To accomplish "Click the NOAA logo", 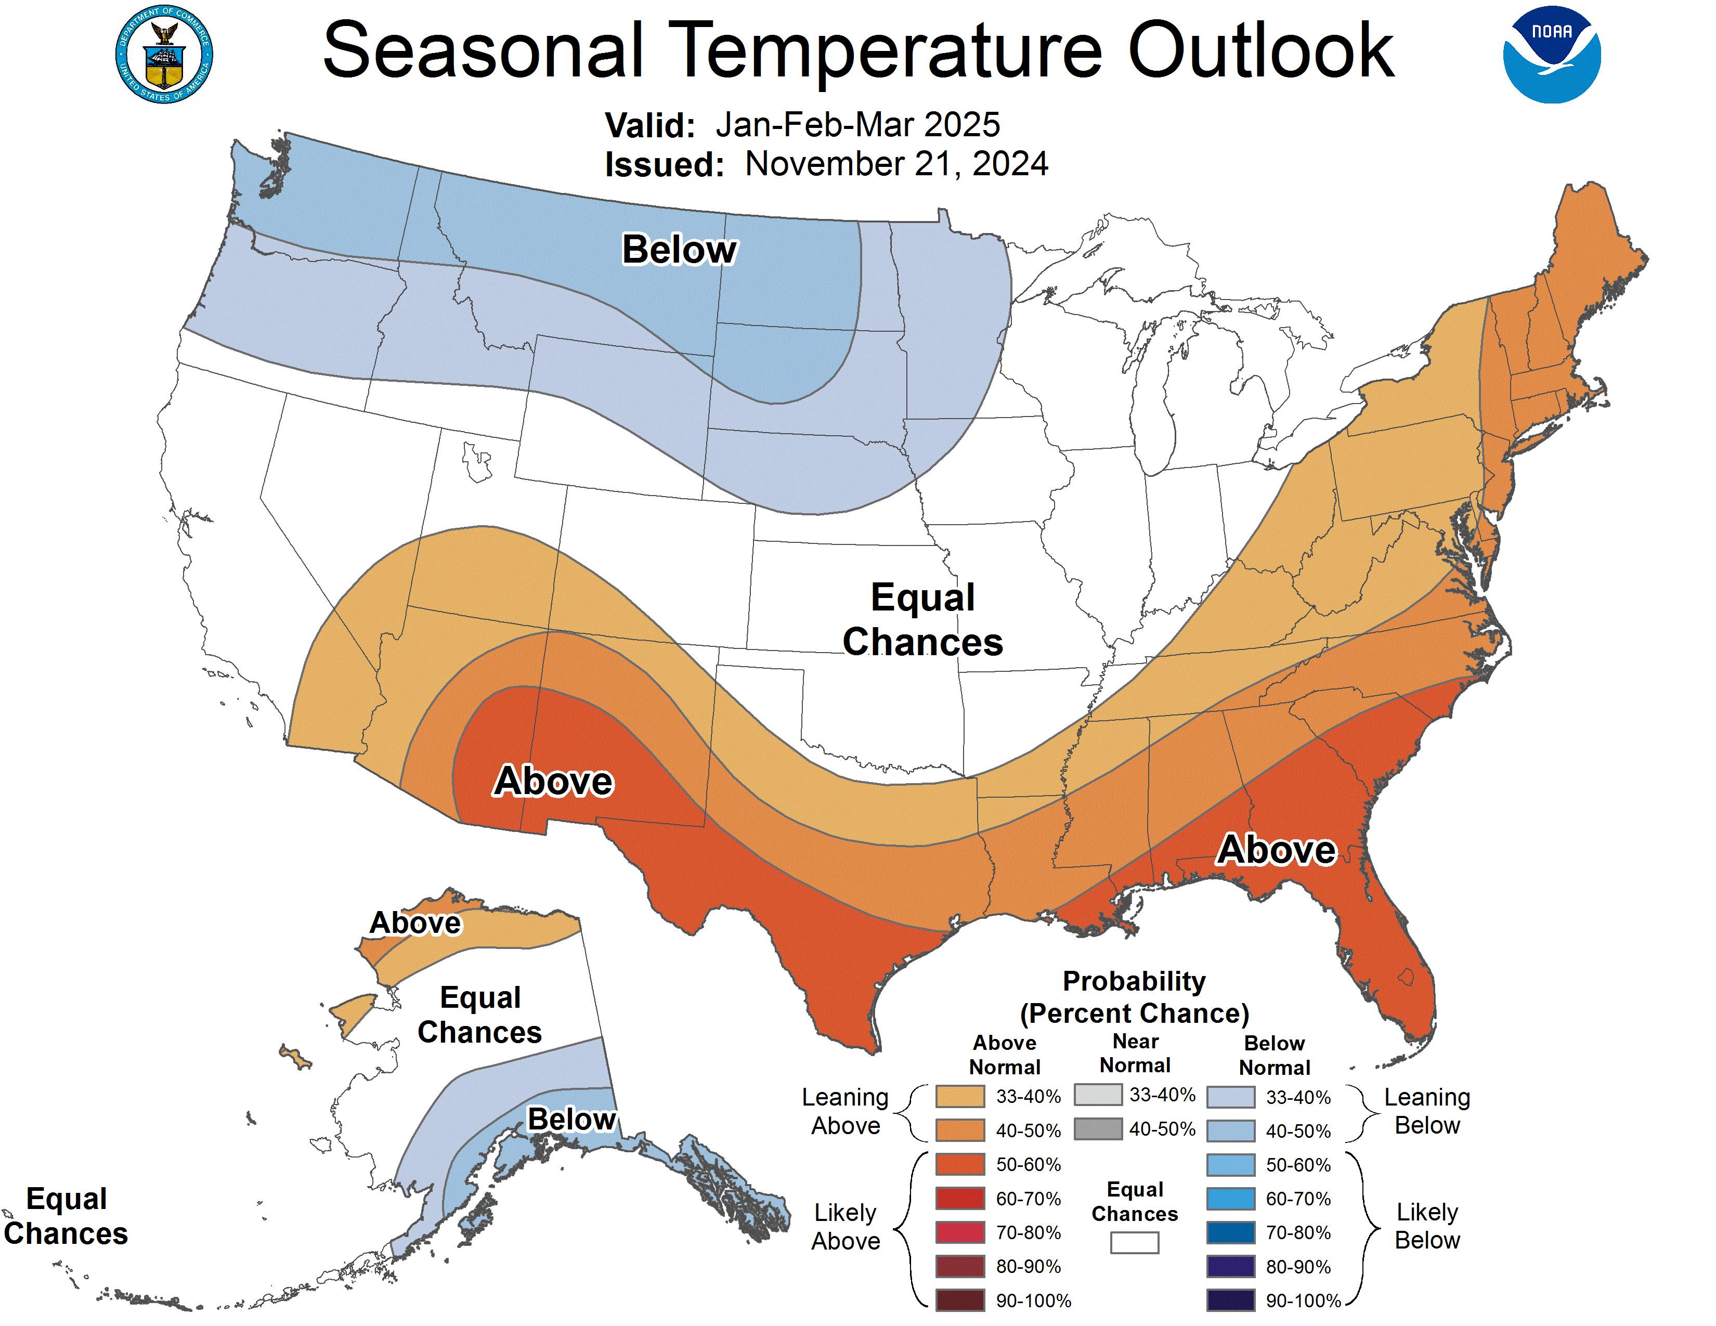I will click(x=1551, y=55).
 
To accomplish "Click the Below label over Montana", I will click(x=679, y=250).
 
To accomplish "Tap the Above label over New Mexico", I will click(x=553, y=781).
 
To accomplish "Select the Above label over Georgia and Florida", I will click(x=1276, y=850).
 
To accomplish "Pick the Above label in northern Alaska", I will click(x=415, y=923).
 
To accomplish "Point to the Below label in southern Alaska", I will click(x=571, y=1119).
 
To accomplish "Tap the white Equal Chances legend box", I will click(x=1135, y=1242).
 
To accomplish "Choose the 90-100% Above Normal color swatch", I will click(x=959, y=1300).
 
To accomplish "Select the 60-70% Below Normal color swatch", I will click(x=1230, y=1199).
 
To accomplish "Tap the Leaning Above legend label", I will click(x=846, y=1112).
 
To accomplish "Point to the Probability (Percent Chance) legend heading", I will click(x=1134, y=997).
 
